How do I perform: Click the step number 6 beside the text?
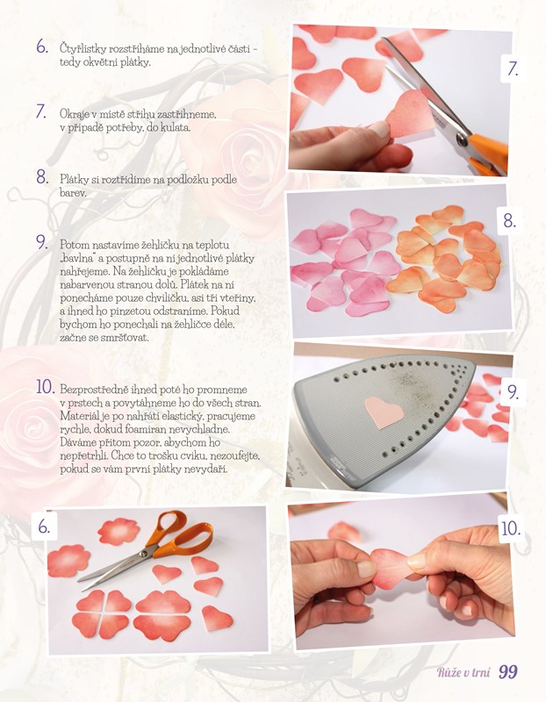(41, 47)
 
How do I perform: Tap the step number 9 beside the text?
(41, 242)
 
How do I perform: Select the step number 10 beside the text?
(46, 387)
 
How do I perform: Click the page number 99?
(508, 671)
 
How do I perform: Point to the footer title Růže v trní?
(463, 672)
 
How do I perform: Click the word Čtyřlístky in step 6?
(81, 48)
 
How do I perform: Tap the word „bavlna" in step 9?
(76, 258)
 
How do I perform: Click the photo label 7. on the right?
(513, 68)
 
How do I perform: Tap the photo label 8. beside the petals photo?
(509, 221)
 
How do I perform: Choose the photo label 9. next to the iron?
(514, 392)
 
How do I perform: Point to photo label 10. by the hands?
(511, 529)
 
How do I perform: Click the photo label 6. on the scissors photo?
(44, 526)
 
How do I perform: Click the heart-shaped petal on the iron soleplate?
(384, 412)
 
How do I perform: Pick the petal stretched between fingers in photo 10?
(393, 568)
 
